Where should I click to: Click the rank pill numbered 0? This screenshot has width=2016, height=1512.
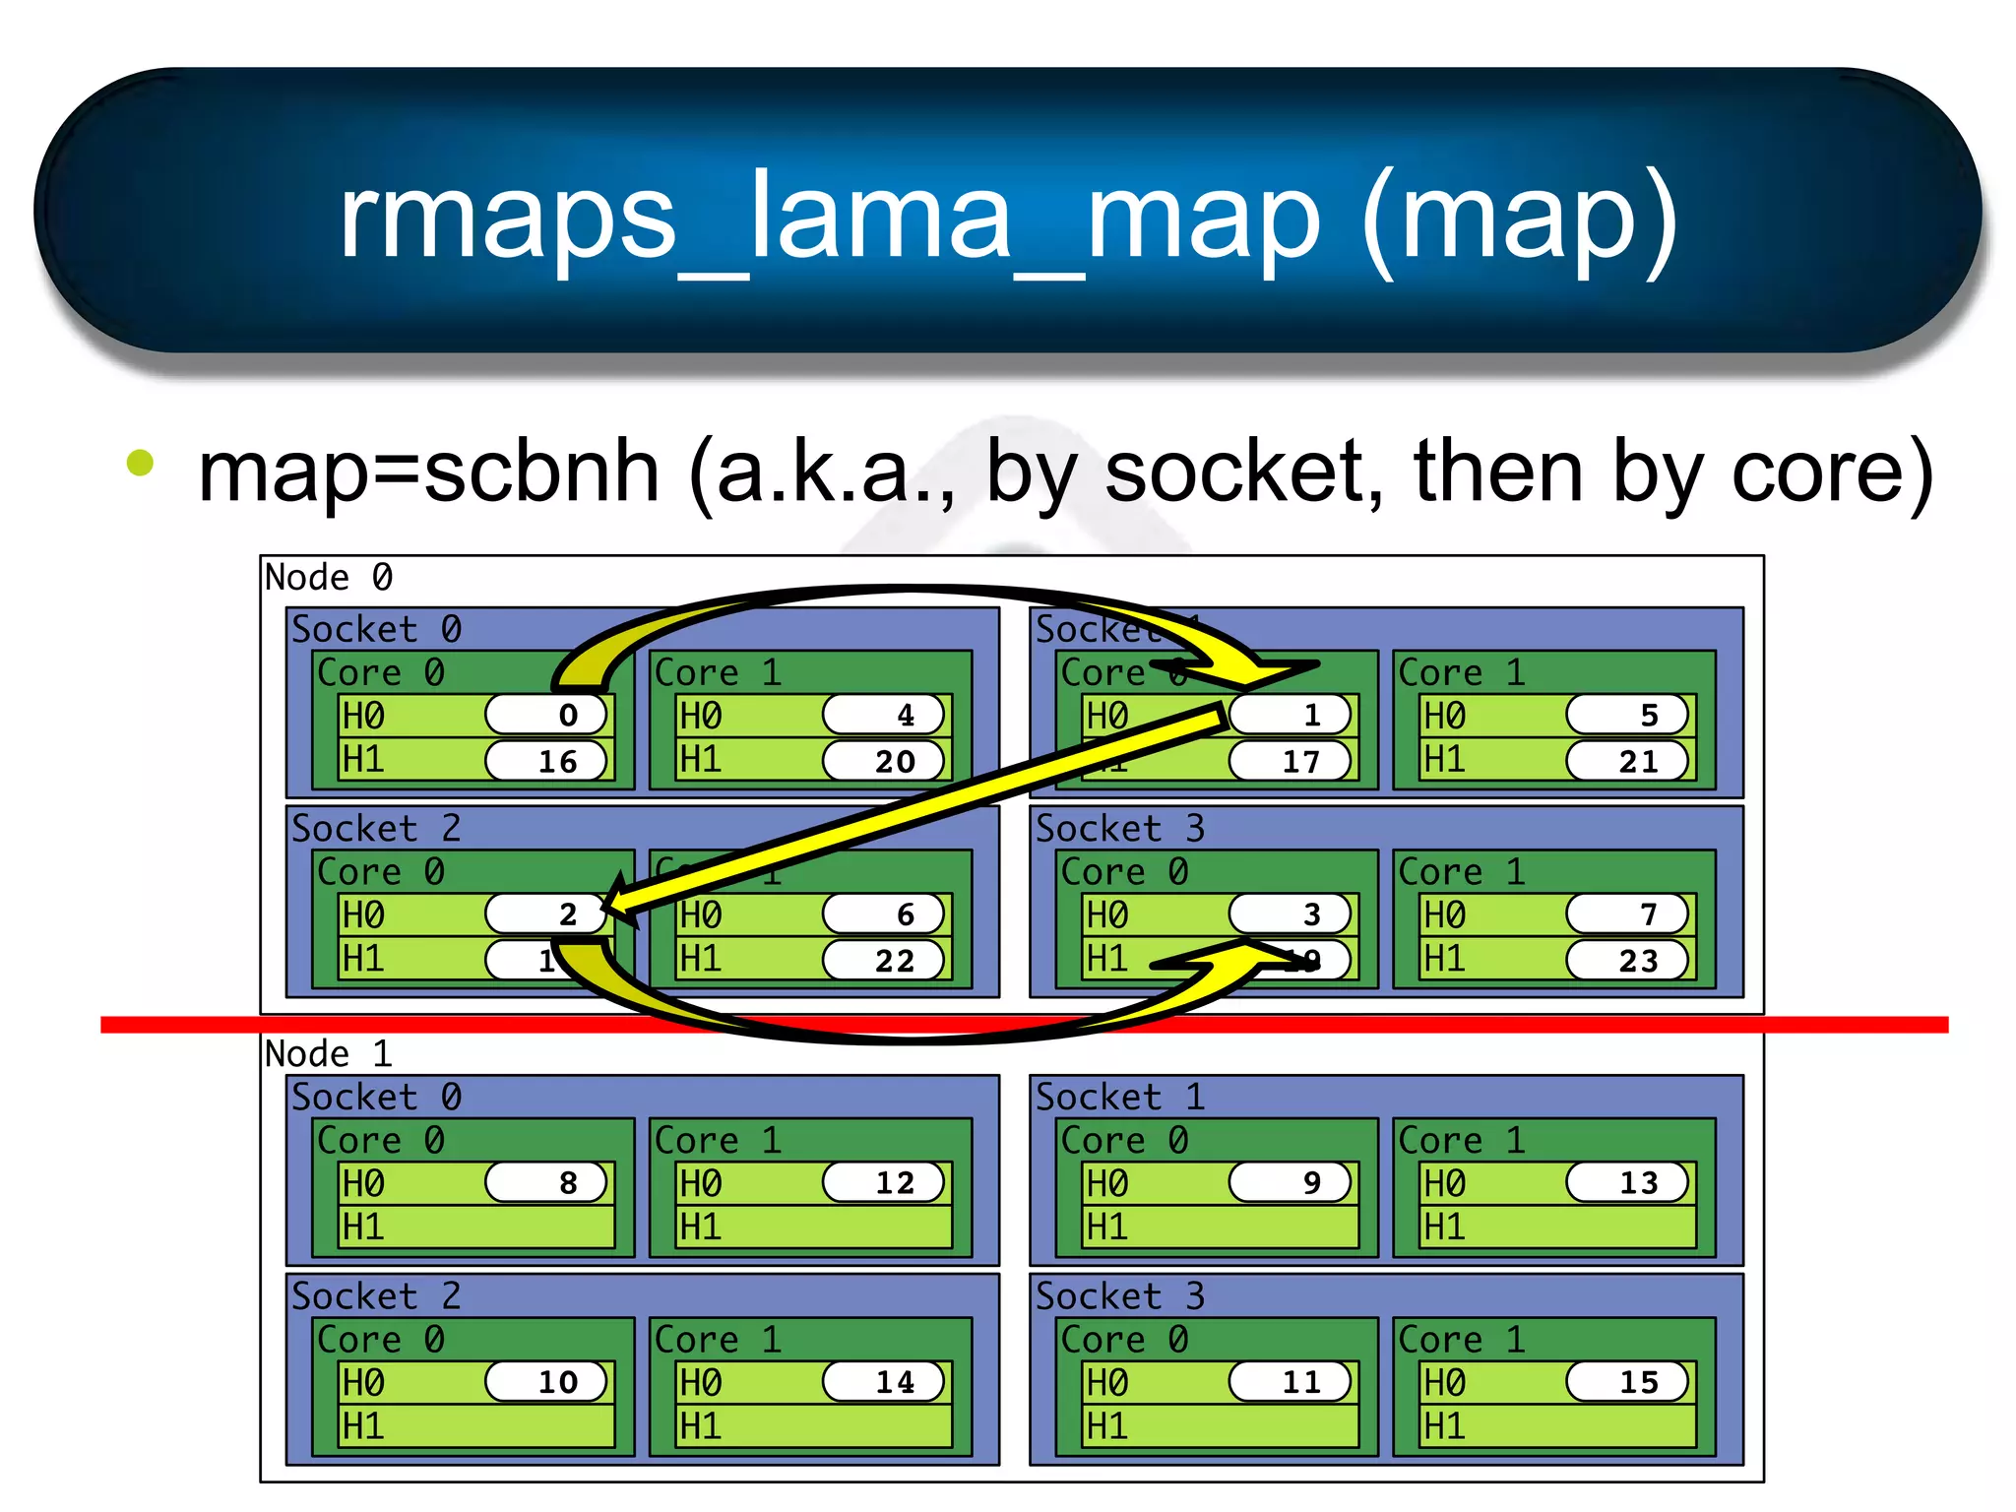pyautogui.click(x=546, y=715)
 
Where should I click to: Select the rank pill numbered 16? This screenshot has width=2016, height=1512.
pyautogui.click(x=546, y=761)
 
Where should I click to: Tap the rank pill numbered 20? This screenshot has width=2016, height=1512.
pyautogui.click(x=883, y=761)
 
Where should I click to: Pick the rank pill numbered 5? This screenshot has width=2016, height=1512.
pyautogui.click(x=1627, y=715)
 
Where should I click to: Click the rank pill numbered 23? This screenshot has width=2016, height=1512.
pyautogui.click(x=1627, y=960)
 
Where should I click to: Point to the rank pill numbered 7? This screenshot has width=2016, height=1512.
pyautogui.click(x=1627, y=914)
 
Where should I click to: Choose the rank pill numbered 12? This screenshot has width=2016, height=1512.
pyautogui.click(x=883, y=1182)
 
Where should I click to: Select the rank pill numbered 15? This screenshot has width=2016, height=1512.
pyautogui.click(x=1627, y=1382)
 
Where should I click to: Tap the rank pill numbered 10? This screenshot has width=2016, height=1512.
pyautogui.click(x=546, y=1382)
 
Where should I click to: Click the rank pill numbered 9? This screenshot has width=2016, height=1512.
pyautogui.click(x=1290, y=1182)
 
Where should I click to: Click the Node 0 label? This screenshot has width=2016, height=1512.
pyautogui.click(x=329, y=578)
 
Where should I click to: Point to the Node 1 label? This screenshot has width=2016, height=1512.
pyautogui.click(x=329, y=1054)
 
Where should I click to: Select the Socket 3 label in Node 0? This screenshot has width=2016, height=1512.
pyautogui.click(x=1119, y=829)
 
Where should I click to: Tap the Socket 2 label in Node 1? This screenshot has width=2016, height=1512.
pyautogui.click(x=376, y=1296)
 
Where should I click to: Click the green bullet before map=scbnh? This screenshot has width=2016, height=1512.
pyautogui.click(x=141, y=463)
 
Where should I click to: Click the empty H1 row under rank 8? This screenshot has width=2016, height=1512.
pyautogui.click(x=476, y=1227)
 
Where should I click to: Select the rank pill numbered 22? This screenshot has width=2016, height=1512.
pyautogui.click(x=883, y=960)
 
